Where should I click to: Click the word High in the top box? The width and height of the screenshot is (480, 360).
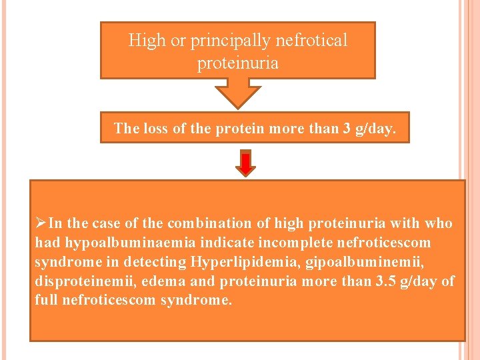(147, 41)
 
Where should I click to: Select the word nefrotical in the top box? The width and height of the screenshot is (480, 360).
(313, 41)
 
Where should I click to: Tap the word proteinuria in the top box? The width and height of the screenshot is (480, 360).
(238, 64)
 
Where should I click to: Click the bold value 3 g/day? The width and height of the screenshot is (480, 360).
(370, 128)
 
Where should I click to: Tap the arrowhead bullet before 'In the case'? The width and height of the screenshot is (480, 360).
(41, 223)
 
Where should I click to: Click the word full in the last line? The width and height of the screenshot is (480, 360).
(46, 300)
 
